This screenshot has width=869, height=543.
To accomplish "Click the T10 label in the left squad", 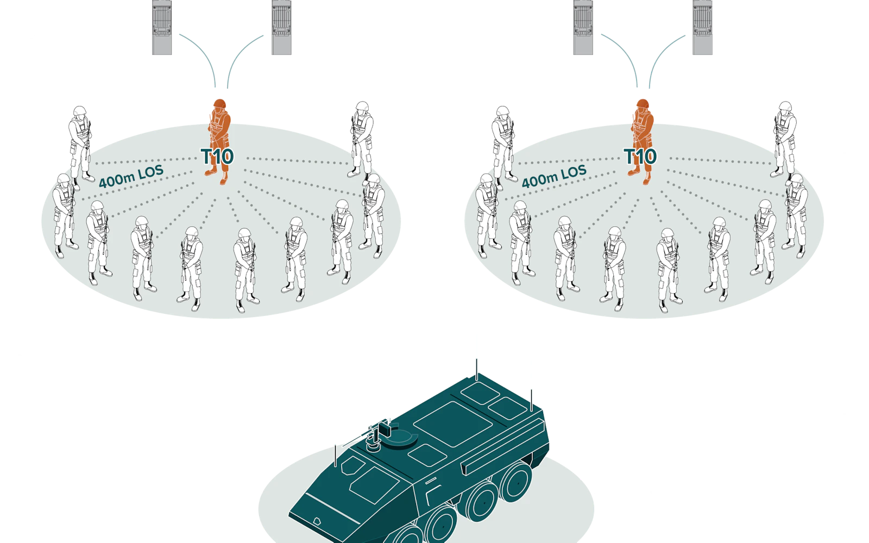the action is pos(217,157).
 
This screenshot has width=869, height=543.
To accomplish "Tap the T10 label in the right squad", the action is pos(640,157).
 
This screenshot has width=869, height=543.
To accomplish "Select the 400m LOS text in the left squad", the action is pos(131,176).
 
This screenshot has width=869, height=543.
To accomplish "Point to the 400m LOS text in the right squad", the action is pos(554,176).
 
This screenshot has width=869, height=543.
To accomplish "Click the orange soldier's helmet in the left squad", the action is pos(219,104).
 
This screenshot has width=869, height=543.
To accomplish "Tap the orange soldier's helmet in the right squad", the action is pos(643,104).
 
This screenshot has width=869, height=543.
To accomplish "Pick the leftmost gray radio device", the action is pos(162,27).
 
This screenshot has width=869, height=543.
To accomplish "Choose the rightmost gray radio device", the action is pos(703,27).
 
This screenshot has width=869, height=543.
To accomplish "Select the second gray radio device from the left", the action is pos(281,27).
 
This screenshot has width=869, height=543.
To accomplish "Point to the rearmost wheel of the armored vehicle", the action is pos(516,483).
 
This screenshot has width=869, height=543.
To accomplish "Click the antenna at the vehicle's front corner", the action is pos(335,456).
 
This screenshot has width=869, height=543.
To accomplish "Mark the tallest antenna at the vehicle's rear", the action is pos(477,369).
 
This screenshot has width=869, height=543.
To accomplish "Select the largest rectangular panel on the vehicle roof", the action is pos(453,424).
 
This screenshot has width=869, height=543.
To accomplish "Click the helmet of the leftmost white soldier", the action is pos(64,179).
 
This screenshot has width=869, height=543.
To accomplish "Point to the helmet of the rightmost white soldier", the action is pos(797,179).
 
